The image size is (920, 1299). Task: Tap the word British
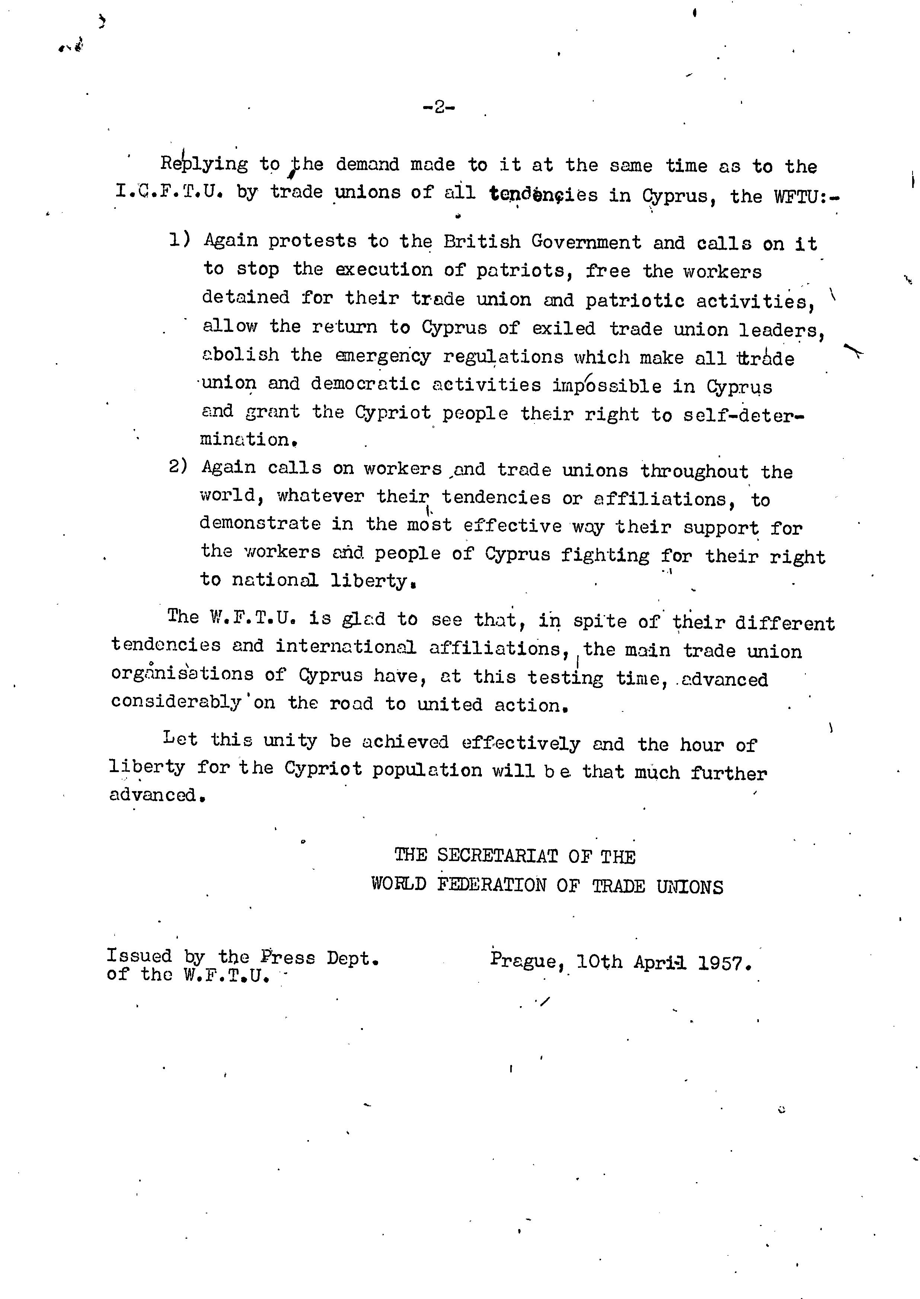click(x=482, y=242)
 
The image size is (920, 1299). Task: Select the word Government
click(x=586, y=242)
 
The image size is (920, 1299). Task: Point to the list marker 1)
click(x=180, y=240)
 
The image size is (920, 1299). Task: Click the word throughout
click(x=694, y=471)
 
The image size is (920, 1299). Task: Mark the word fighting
click(x=605, y=554)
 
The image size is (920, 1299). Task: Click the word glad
click(x=363, y=618)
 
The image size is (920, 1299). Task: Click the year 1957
click(x=725, y=963)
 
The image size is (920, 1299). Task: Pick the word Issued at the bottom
click(x=139, y=956)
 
